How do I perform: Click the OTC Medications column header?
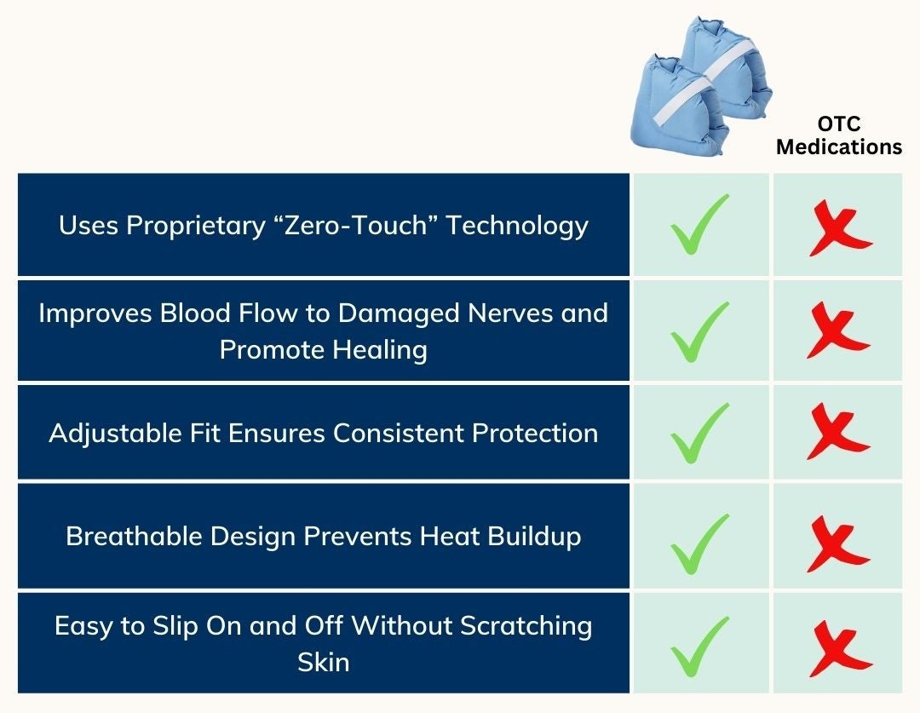pyautogui.click(x=839, y=135)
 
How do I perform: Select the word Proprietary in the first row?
pyautogui.click(x=196, y=227)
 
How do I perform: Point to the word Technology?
pyautogui.click(x=517, y=227)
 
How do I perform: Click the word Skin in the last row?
pyautogui.click(x=324, y=663)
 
